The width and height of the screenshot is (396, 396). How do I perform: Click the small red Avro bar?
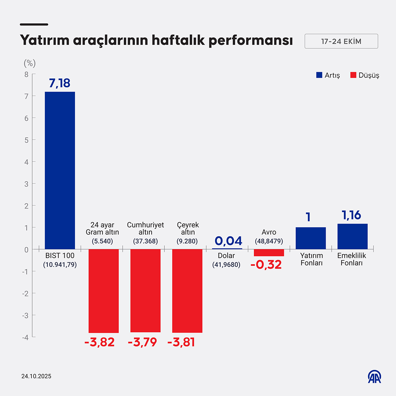tap(269, 252)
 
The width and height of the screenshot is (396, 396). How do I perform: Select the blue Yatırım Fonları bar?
tap(310, 238)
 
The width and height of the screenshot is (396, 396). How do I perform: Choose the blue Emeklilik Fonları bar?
tap(353, 237)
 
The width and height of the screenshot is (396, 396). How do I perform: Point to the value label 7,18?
tap(60, 83)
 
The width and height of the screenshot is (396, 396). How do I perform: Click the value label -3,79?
tap(142, 342)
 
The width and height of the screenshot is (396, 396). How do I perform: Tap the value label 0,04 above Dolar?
tap(228, 241)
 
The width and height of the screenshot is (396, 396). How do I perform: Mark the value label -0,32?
tap(266, 264)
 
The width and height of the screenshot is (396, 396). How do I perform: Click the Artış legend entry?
tap(328, 75)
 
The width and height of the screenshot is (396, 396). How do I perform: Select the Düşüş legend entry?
tap(365, 75)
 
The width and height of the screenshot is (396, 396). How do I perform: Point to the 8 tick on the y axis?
tap(27, 74)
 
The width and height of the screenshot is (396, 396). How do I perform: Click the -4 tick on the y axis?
tap(25, 337)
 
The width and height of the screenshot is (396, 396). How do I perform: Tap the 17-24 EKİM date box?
tap(341, 41)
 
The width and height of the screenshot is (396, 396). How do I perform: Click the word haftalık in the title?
tap(178, 40)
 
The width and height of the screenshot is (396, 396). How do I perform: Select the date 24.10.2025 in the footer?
tap(36, 376)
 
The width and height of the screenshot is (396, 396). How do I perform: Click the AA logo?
tap(374, 377)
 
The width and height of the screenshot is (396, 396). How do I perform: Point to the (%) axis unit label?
tap(30, 63)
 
